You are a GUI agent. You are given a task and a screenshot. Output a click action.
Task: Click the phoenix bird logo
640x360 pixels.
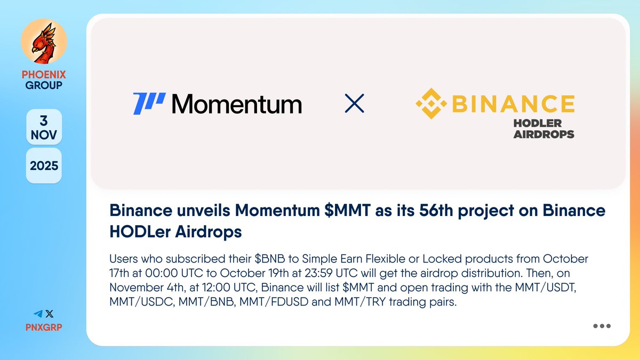(x=44, y=44)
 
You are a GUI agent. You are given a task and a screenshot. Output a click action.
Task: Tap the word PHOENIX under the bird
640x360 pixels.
(x=44, y=75)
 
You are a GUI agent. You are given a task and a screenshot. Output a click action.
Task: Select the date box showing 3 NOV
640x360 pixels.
(x=44, y=127)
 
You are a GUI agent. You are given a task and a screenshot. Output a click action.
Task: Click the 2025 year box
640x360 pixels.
(x=44, y=165)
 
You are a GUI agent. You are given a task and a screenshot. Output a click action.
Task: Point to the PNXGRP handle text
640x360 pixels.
(x=44, y=327)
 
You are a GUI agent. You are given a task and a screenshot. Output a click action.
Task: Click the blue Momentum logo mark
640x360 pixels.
(x=149, y=103)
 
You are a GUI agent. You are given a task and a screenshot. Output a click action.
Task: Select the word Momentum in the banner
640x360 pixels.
(x=237, y=104)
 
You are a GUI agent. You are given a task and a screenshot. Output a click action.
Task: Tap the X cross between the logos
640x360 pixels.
(x=355, y=103)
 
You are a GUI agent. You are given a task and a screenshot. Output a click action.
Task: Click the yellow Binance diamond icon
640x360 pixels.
(x=430, y=103)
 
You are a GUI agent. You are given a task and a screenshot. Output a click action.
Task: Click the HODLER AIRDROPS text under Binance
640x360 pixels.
(x=543, y=129)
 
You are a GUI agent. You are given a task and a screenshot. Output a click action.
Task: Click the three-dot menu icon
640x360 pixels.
(x=602, y=326)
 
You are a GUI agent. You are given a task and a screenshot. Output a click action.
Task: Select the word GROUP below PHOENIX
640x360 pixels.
(x=44, y=85)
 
